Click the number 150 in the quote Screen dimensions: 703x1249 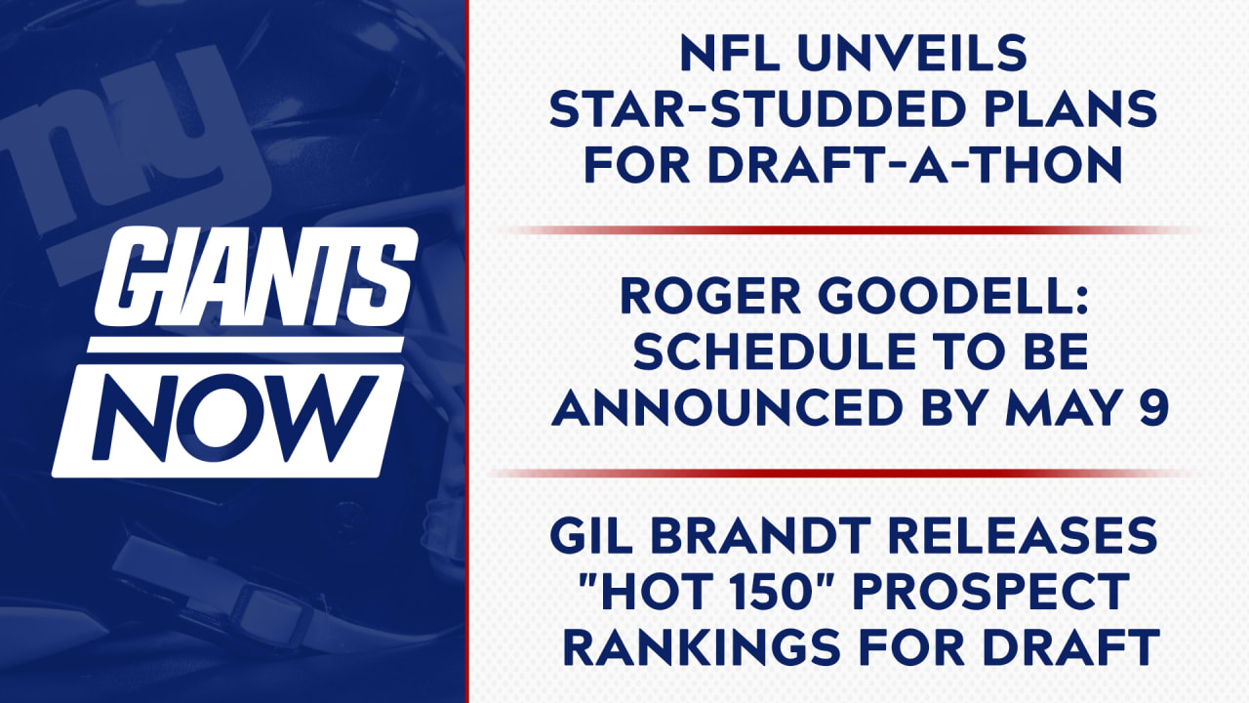click(x=792, y=592)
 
